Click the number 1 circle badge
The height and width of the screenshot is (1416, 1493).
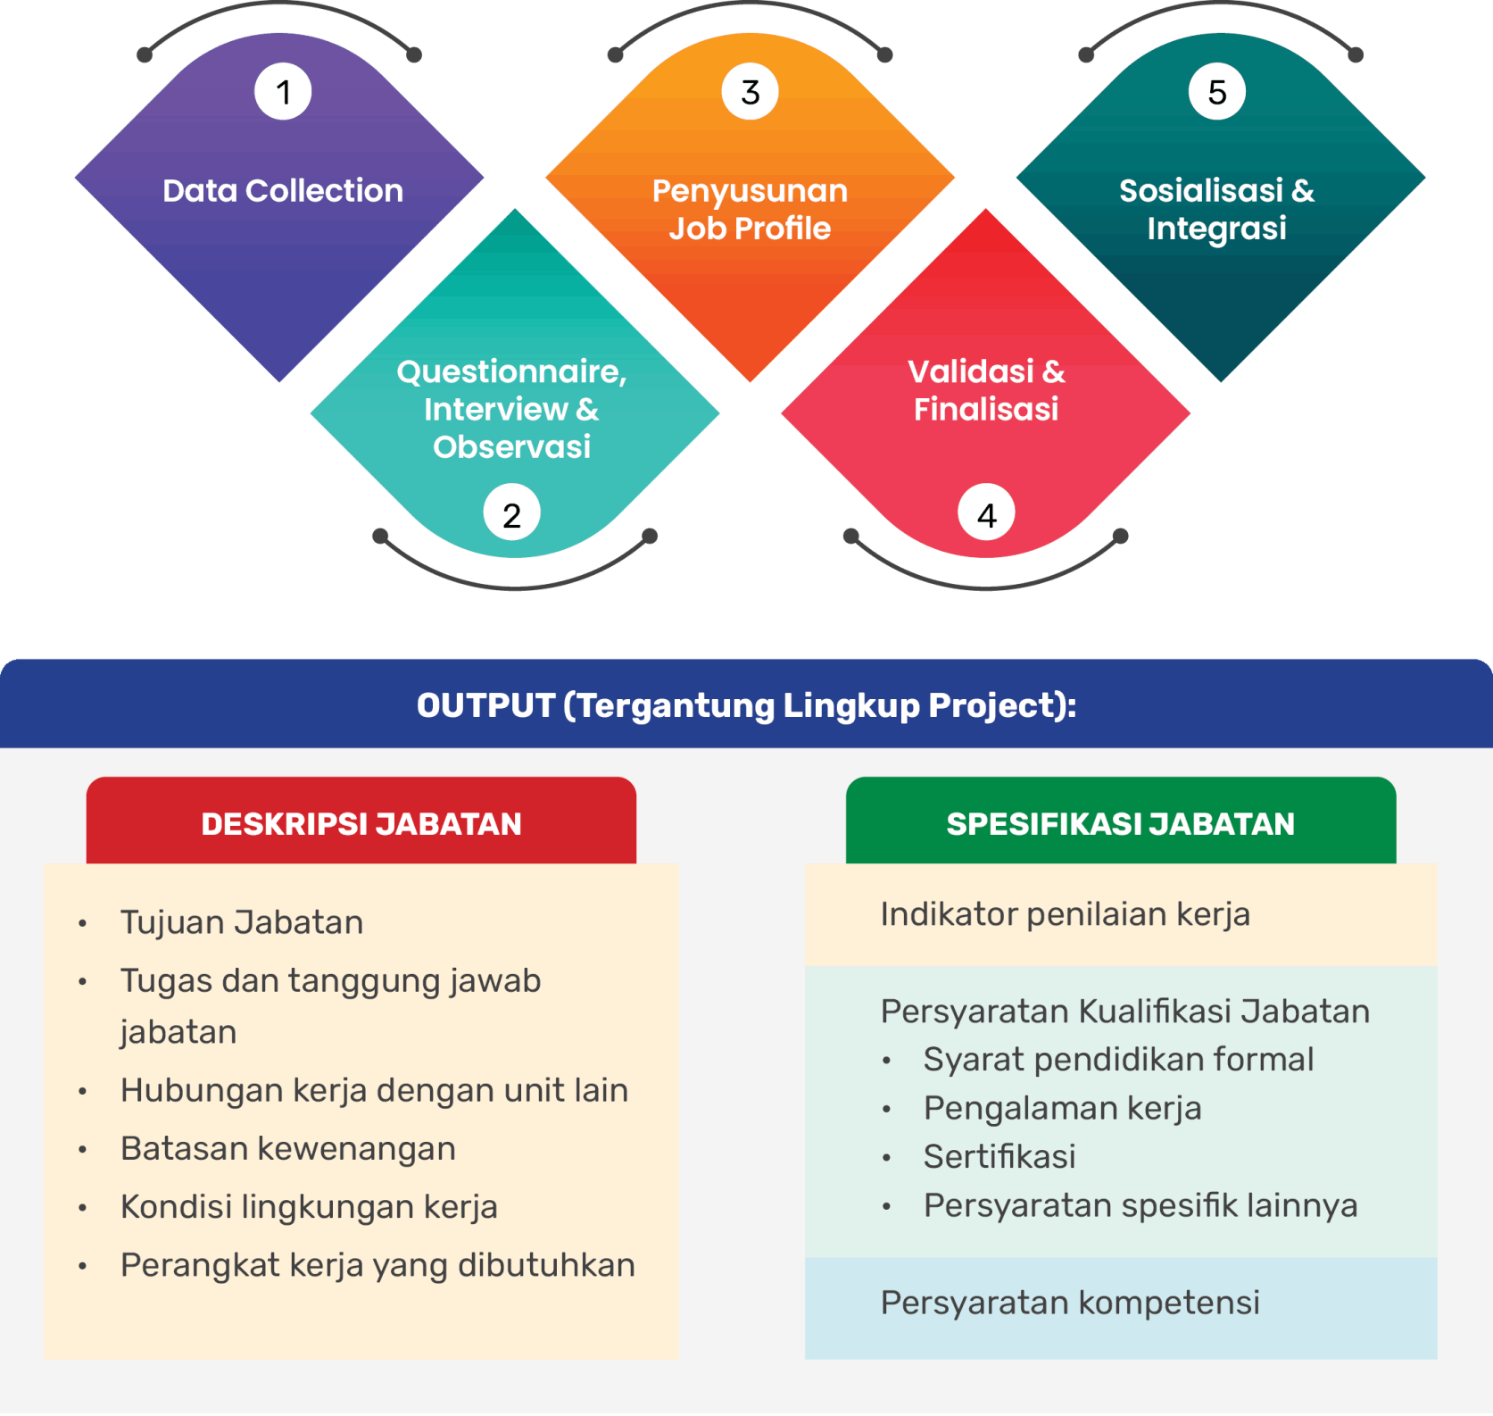click(283, 92)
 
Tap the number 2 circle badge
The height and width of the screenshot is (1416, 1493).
click(511, 514)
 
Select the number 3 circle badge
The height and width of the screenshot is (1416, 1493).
click(750, 92)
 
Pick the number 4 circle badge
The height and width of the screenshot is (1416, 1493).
click(986, 514)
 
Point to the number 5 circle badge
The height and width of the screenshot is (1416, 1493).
click(1217, 92)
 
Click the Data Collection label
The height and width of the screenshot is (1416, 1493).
click(283, 190)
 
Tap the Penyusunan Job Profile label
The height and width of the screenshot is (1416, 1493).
click(750, 210)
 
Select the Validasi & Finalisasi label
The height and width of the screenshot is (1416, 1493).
click(986, 390)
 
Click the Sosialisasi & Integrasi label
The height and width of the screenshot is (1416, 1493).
click(1217, 210)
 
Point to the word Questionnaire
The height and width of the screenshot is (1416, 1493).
click(511, 371)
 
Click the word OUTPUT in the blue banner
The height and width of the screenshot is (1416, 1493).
click(485, 705)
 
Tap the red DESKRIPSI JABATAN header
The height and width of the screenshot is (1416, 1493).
click(361, 823)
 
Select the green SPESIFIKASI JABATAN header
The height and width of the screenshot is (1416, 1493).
click(1120, 823)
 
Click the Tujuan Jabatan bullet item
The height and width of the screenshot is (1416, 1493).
click(242, 922)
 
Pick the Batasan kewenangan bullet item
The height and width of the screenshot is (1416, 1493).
click(288, 1149)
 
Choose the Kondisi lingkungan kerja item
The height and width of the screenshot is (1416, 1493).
click(309, 1207)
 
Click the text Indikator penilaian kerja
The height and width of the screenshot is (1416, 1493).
click(1065, 914)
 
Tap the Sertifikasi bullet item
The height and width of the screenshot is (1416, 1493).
click(999, 1157)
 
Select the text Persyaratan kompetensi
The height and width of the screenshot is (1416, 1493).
click(1070, 1303)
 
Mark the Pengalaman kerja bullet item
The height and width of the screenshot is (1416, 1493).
click(1062, 1108)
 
